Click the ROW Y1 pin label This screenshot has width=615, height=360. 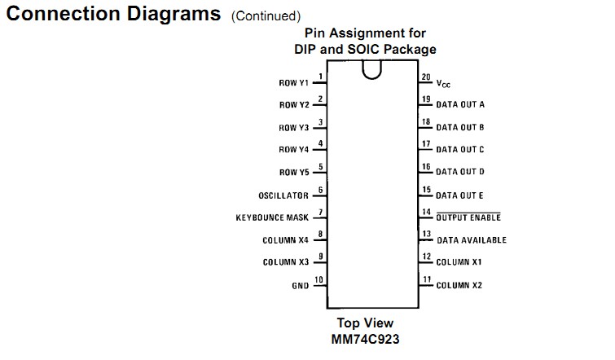pyautogui.click(x=293, y=83)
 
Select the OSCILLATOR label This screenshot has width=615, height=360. pyautogui.click(x=283, y=195)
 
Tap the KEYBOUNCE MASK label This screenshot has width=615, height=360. pyautogui.click(x=272, y=218)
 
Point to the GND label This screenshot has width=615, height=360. pyautogui.click(x=300, y=286)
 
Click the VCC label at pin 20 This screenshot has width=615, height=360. pyautogui.click(x=443, y=83)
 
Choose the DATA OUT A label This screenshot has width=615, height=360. pyautogui.click(x=460, y=105)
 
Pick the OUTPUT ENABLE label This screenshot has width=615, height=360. pyautogui.click(x=468, y=217)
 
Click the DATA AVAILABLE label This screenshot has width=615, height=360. pyautogui.click(x=471, y=240)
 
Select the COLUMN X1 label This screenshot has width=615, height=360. pyautogui.click(x=459, y=262)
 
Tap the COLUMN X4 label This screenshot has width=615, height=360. pyautogui.click(x=285, y=240)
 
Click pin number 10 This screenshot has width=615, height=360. pyautogui.click(x=318, y=279)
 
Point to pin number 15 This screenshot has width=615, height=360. pyautogui.click(x=425, y=190)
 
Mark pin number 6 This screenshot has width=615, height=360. pyautogui.click(x=320, y=190)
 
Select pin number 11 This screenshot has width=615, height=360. pyautogui.click(x=426, y=279)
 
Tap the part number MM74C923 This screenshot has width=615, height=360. pyautogui.click(x=365, y=338)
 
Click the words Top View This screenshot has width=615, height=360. pyautogui.click(x=365, y=323)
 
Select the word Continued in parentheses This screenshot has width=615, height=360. pyautogui.click(x=266, y=15)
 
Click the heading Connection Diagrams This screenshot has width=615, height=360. pyautogui.click(x=112, y=14)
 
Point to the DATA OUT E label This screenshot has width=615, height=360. pyautogui.click(x=460, y=195)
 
